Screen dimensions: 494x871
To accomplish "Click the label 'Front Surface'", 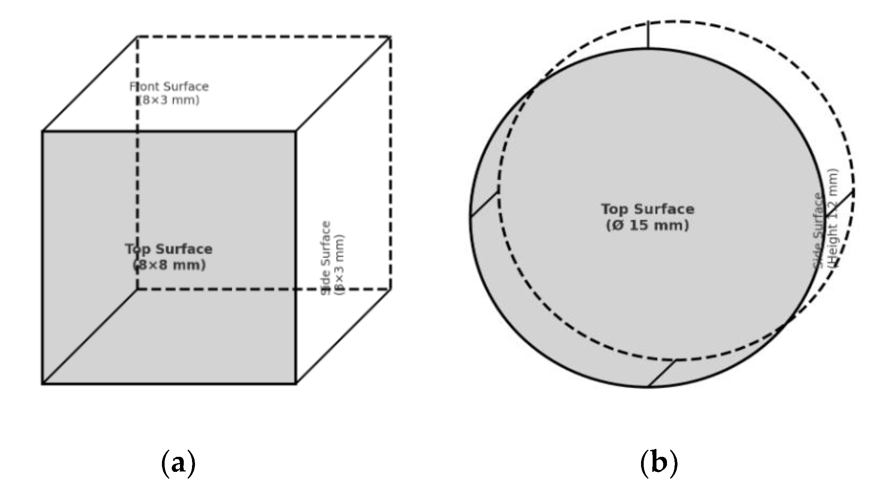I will coord(169,87).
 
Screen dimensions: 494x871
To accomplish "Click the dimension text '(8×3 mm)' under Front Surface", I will coord(169,101).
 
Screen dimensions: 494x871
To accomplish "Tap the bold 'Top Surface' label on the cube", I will coord(169,249).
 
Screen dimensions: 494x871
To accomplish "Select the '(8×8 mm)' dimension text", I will coord(169,265).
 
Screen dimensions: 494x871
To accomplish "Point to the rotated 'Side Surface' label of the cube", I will coord(326,258).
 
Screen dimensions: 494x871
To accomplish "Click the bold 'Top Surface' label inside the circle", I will coord(647,209).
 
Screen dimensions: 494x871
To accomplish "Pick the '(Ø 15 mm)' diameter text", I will coord(647,225).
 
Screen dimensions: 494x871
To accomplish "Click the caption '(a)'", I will coord(178,464).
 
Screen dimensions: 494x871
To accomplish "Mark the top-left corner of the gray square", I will coord(42,131).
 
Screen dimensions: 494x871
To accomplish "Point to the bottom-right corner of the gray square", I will coord(296,384).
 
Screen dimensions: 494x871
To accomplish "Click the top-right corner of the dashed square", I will coord(390,37).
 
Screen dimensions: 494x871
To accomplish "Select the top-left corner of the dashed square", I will coord(137,37).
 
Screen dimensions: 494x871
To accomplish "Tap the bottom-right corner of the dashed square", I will coord(390,289).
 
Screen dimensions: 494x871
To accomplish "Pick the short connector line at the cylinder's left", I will coord(484,204).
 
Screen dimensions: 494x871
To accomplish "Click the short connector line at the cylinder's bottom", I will coord(663,373).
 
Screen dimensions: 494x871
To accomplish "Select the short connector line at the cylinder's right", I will coord(839,204).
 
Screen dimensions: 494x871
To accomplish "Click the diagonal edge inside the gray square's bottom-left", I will coord(90,336).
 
